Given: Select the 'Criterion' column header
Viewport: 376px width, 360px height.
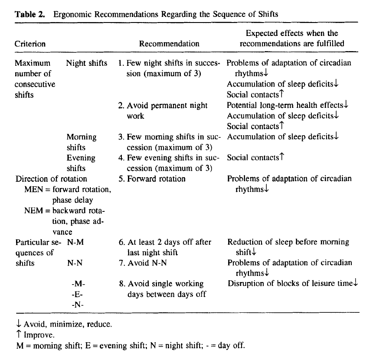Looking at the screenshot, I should click(x=30, y=44).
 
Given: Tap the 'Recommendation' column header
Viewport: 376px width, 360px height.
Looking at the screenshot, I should click(x=169, y=44).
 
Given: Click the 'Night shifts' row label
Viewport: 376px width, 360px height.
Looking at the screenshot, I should click(x=87, y=63).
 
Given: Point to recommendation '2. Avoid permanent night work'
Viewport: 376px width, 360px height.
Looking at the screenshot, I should click(x=163, y=110).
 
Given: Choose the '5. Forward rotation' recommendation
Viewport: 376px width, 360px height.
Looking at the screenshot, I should click(x=152, y=178).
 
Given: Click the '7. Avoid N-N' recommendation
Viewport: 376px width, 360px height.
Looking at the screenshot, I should click(x=141, y=263).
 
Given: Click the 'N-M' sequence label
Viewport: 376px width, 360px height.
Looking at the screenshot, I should click(x=75, y=242).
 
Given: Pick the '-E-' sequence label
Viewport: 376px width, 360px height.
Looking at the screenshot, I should click(x=76, y=294).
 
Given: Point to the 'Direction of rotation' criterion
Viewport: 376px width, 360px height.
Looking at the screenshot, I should click(x=51, y=178).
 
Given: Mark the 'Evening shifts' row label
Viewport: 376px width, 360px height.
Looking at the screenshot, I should click(x=81, y=163).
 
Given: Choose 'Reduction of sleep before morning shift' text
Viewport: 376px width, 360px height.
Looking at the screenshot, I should click(x=288, y=247).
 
